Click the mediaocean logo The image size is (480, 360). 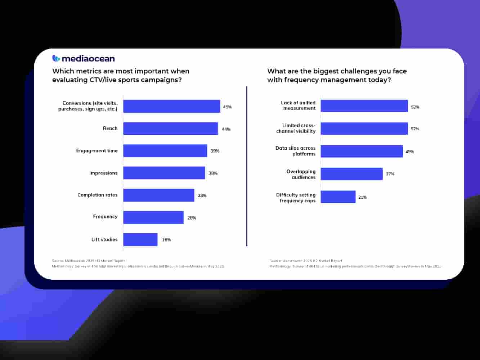click(84, 58)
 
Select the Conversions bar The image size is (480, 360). click(171, 106)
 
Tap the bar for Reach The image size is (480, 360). click(170, 129)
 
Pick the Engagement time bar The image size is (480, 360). click(165, 151)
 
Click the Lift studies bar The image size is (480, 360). click(140, 240)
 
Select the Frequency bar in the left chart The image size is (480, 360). click(153, 217)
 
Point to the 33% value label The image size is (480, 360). click(202, 195)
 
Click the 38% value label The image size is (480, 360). click(213, 173)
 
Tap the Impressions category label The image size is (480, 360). click(103, 173)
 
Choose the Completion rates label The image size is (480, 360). click(97, 195)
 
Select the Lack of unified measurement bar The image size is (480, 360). click(364, 106)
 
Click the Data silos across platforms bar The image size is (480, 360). click(362, 151)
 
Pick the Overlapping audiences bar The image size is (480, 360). click(351, 174)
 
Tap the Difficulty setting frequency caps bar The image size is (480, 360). click(338, 197)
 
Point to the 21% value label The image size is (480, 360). click(362, 197)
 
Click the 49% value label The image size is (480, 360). click(409, 152)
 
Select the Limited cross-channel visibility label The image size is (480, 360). click(296, 129)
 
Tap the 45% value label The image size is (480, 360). click(227, 107)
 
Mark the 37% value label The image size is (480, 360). click(390, 174)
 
